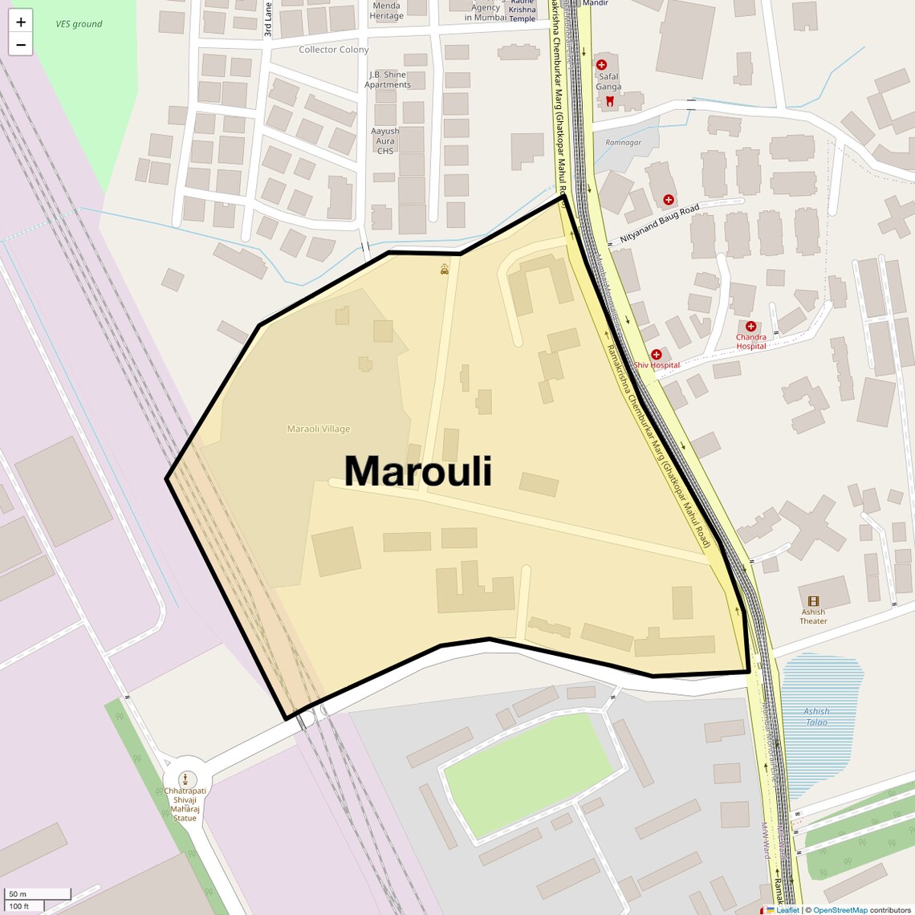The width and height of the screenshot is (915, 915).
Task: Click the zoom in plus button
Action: tap(21, 22)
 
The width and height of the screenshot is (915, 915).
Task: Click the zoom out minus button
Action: tap(21, 45)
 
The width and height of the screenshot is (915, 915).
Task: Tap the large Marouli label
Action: tap(417, 471)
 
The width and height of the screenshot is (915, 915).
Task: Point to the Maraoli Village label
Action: tap(319, 429)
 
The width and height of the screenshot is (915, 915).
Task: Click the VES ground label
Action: tap(79, 24)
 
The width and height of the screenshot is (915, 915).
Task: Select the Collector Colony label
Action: tap(334, 50)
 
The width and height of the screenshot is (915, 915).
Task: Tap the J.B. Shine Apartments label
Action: tap(387, 79)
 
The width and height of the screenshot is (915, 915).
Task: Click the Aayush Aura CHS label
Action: tap(385, 140)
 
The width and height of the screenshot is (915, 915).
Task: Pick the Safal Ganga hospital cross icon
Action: tap(601, 64)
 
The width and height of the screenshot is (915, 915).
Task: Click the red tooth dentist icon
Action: tap(609, 101)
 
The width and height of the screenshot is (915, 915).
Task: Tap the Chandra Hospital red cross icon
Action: tap(750, 327)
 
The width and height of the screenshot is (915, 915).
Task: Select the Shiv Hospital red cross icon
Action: tap(657, 355)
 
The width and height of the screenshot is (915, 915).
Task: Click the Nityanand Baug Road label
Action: tap(660, 224)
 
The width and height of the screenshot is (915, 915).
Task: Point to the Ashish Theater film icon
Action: tap(813, 601)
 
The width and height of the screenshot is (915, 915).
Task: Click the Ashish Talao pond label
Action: tap(816, 717)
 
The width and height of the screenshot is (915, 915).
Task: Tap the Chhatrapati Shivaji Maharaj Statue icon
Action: tap(185, 779)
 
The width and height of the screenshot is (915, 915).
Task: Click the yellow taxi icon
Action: tap(445, 270)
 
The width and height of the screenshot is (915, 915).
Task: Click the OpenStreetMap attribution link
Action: tap(840, 910)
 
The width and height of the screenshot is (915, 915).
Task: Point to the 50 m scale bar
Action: tap(38, 894)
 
